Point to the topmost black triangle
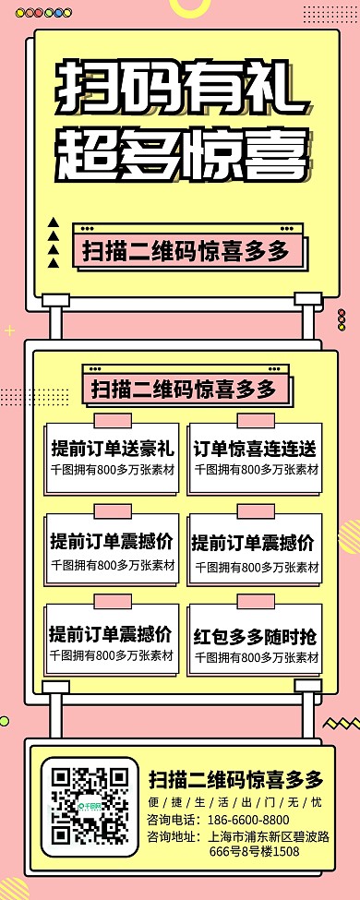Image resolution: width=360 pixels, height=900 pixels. [x=54, y=222]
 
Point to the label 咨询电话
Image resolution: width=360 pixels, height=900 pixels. [x=172, y=820]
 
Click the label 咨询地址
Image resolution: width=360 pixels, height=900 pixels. [x=172, y=836]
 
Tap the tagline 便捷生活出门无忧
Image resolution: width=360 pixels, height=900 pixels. [x=235, y=801]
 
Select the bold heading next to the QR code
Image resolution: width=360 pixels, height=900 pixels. [x=235, y=777]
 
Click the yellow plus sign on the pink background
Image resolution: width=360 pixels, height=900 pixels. [x=10, y=330]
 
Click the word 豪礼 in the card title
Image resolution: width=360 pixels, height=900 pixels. [x=158, y=450]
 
